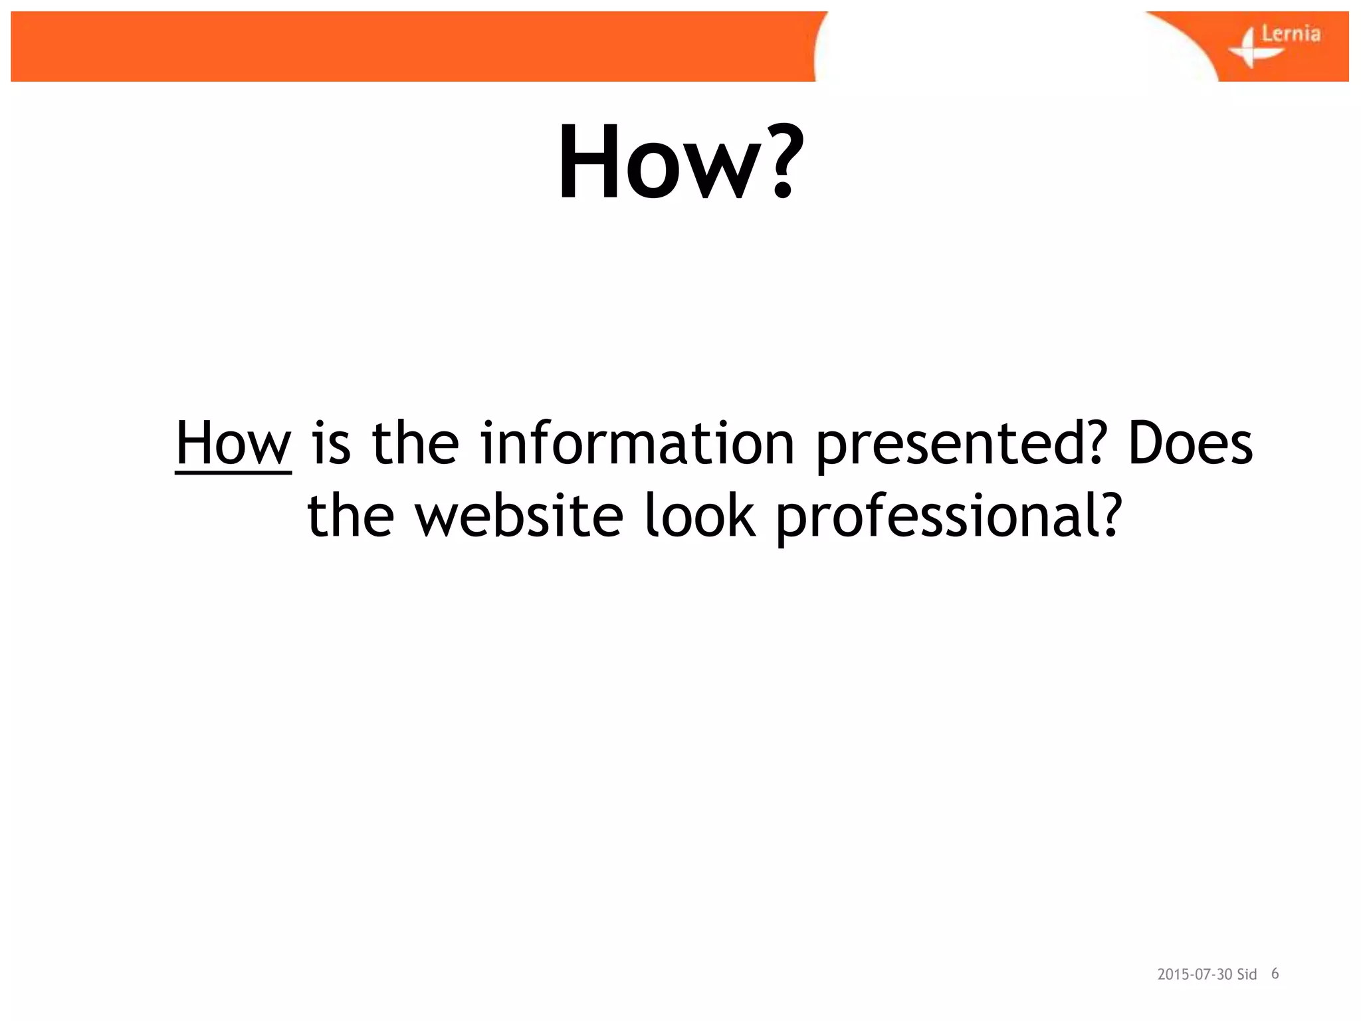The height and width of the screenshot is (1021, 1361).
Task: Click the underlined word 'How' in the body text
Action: click(233, 443)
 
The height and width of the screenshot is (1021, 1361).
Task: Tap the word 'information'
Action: click(637, 443)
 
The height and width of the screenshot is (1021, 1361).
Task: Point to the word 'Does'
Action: click(1190, 443)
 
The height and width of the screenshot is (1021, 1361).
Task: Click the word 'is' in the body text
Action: click(331, 443)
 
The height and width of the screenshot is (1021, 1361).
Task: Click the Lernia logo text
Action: click(1291, 33)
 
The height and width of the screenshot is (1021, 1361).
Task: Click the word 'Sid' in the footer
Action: click(1247, 974)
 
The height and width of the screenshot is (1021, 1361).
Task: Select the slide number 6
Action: click(1275, 974)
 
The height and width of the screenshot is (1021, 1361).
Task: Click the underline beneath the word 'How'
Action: click(233, 473)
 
